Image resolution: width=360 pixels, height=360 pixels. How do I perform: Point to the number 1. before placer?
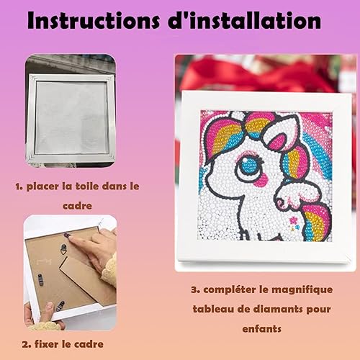[19, 186]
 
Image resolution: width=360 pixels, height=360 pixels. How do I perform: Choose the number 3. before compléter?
[196, 289]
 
